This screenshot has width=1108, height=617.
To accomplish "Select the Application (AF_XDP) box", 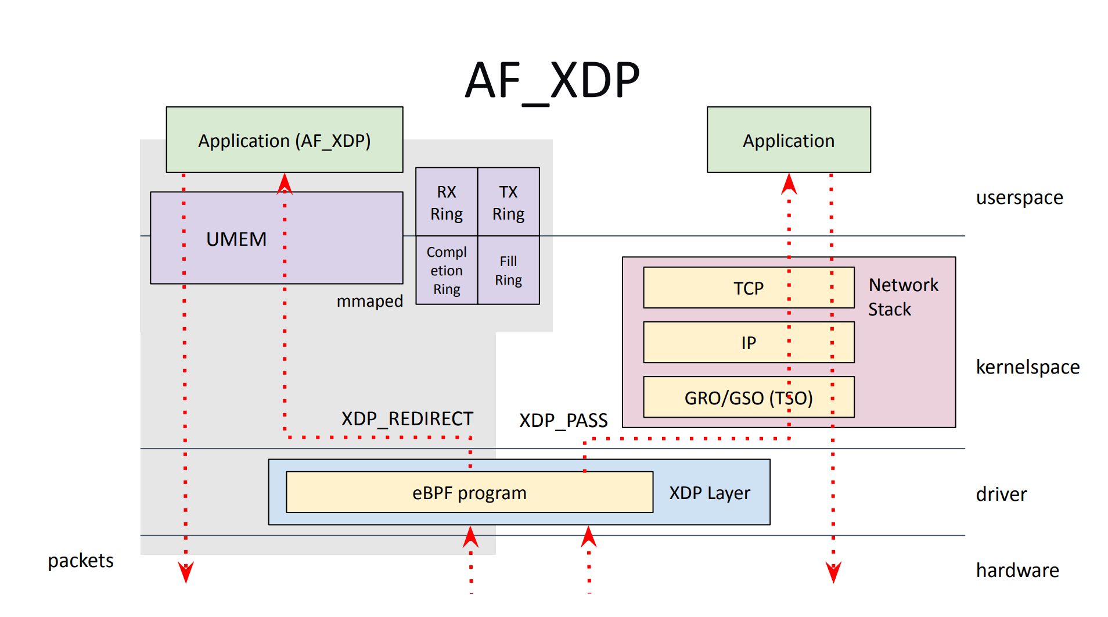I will [284, 140].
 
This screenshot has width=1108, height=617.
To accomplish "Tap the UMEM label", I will [236, 239].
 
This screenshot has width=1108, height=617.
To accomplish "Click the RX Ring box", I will [447, 202].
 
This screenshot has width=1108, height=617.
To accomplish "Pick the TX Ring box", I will [508, 202].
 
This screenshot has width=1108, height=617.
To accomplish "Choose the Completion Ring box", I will [447, 270].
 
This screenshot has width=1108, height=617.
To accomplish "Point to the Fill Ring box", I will [508, 270].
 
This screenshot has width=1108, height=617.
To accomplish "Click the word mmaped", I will [369, 301].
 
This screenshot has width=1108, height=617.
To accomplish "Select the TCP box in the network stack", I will [748, 288].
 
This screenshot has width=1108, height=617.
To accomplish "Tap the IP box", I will [748, 343].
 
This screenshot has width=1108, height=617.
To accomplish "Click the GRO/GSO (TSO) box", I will [748, 398].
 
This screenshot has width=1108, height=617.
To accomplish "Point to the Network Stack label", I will [903, 297].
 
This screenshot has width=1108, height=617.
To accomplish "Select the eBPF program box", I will [469, 493].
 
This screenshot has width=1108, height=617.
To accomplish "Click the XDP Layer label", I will [709, 493].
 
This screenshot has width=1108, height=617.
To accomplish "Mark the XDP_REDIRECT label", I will [407, 419].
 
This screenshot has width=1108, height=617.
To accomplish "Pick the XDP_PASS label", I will [563, 420].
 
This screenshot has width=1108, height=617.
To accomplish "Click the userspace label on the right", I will [1019, 198].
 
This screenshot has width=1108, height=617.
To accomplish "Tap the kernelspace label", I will [1027, 367].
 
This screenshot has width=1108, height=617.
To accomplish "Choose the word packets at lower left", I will [81, 561].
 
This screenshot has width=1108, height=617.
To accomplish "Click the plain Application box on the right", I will [789, 140].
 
